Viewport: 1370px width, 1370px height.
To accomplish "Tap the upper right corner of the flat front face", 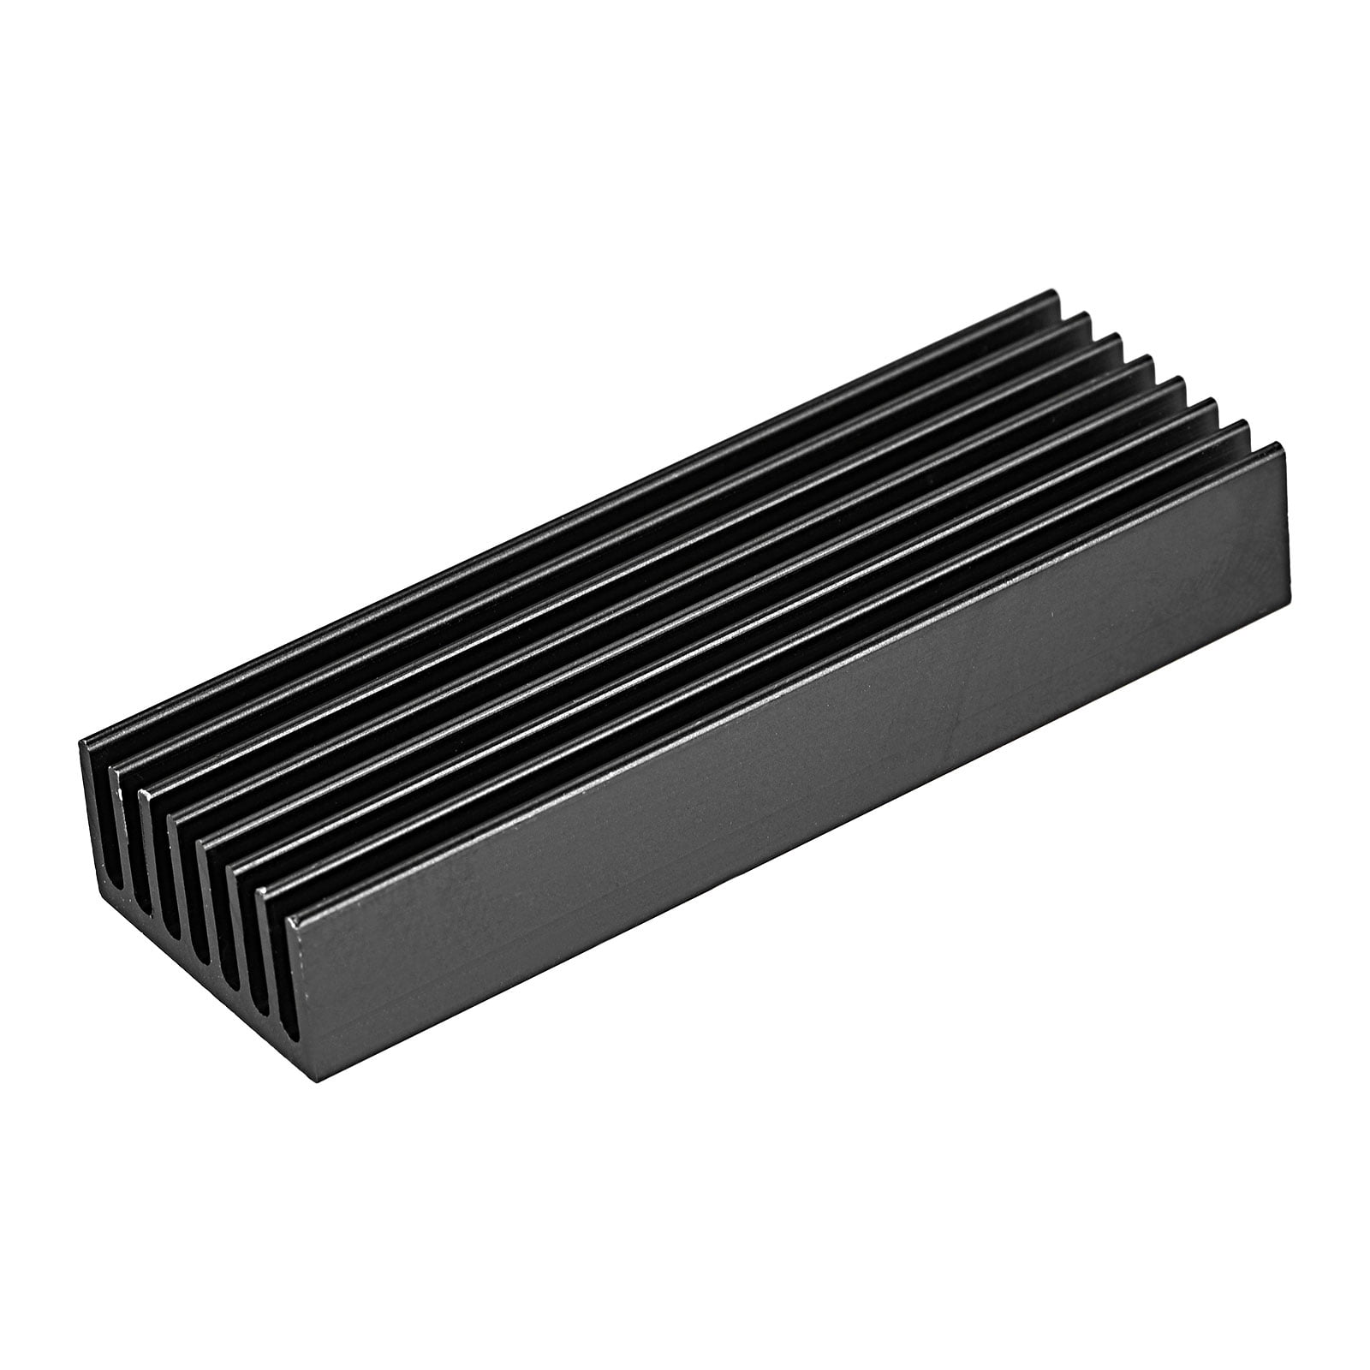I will (x=1287, y=444).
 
